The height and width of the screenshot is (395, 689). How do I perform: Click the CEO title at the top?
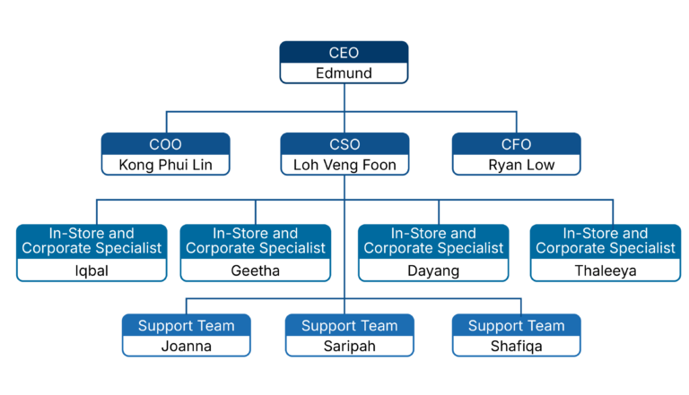click(x=344, y=53)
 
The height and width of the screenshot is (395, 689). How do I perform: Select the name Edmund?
click(x=344, y=73)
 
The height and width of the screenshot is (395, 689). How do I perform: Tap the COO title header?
click(x=165, y=144)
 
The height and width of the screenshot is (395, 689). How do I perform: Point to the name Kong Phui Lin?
click(x=165, y=165)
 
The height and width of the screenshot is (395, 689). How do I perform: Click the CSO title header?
click(x=344, y=144)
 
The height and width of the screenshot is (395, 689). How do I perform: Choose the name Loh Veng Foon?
click(x=344, y=165)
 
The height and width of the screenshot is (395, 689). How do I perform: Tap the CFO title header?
click(x=517, y=144)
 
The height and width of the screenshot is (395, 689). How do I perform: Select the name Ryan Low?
click(x=521, y=165)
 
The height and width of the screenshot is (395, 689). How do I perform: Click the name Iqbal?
click(x=92, y=270)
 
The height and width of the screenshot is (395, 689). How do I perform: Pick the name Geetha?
click(x=256, y=270)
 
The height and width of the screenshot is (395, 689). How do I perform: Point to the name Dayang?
click(x=433, y=270)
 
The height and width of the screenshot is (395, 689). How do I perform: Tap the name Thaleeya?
click(x=605, y=270)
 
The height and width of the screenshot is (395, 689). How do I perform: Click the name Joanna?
click(x=187, y=347)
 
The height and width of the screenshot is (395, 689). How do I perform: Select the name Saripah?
click(x=349, y=347)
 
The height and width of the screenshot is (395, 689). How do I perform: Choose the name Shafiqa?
click(x=517, y=347)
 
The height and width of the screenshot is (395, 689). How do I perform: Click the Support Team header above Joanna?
click(x=187, y=326)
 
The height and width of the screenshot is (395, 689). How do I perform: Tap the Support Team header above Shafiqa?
click(x=517, y=326)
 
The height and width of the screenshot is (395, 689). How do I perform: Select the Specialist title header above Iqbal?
click(x=92, y=241)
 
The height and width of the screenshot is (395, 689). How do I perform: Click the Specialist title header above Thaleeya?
click(x=605, y=241)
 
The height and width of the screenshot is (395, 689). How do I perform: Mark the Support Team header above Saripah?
click(x=349, y=326)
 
